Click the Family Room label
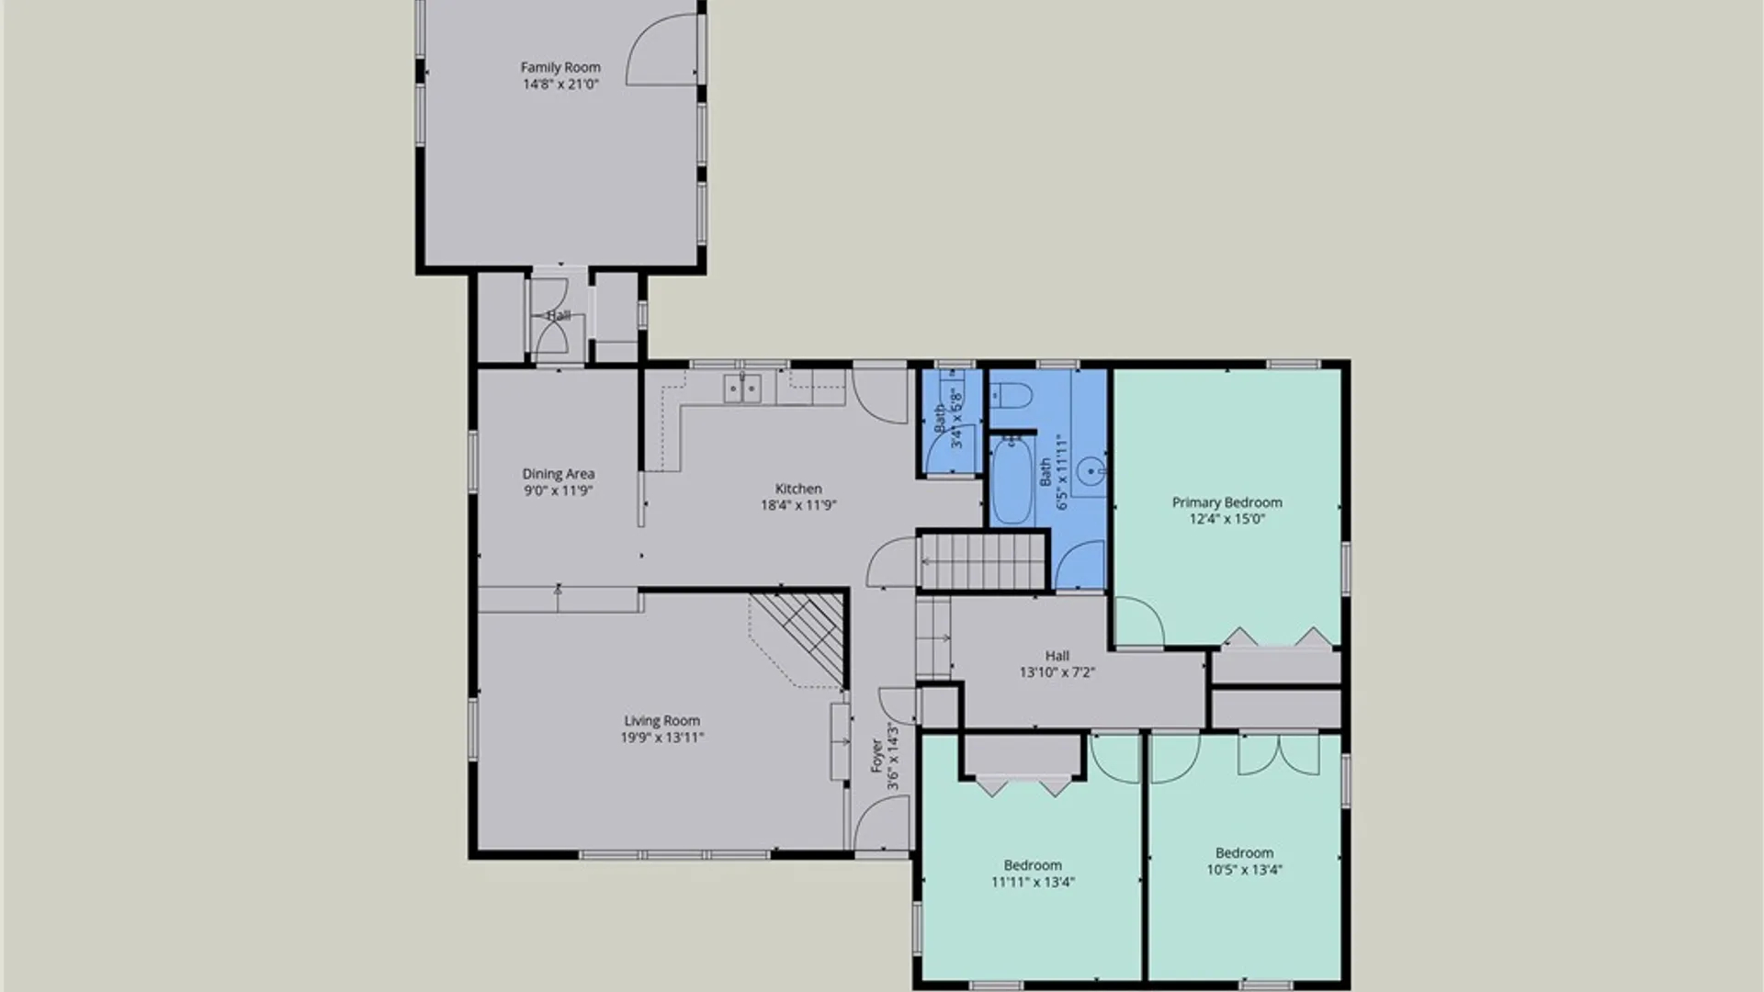[x=560, y=67]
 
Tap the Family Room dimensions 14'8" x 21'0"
[x=560, y=84]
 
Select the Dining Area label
[x=559, y=474]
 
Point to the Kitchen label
[x=798, y=489]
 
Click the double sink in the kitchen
[x=742, y=389]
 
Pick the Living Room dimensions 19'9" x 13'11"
[x=661, y=737]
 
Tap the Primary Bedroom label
[x=1227, y=502]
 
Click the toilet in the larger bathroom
[x=1012, y=395]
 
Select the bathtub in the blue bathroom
[x=1012, y=480]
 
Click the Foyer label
[x=877, y=755]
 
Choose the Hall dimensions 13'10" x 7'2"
[x=1057, y=672]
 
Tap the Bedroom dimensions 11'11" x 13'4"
[x=1033, y=882]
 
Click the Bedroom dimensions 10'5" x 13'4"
[x=1244, y=869]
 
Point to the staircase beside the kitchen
[x=984, y=560]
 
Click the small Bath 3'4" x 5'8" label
[x=948, y=418]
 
